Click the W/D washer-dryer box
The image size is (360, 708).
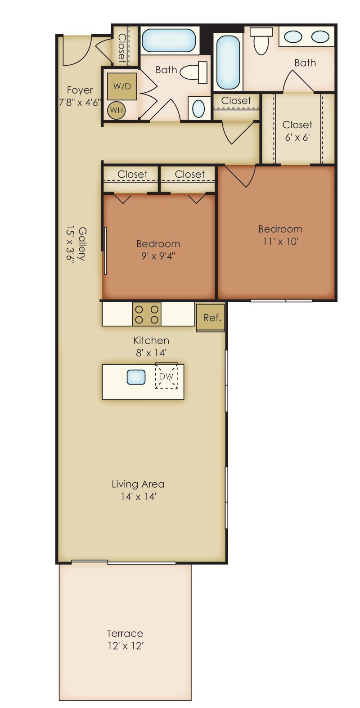121,86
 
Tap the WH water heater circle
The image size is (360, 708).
117,110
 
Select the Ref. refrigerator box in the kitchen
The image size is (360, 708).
211,318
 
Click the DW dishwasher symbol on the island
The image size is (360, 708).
166,376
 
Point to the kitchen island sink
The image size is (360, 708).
136,377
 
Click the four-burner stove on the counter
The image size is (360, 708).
147,314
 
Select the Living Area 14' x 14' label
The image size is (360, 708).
138,490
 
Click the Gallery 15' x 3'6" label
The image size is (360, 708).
76,244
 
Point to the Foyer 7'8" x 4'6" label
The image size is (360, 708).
80,96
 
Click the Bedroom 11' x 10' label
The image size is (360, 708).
280,235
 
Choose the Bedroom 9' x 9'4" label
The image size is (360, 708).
158,250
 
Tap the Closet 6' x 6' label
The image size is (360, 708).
297,130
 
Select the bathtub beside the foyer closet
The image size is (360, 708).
169,40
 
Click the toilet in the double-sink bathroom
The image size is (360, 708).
261,40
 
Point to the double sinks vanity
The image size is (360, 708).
306,37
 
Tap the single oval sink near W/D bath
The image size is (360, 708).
198,108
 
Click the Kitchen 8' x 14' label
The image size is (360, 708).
151,346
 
